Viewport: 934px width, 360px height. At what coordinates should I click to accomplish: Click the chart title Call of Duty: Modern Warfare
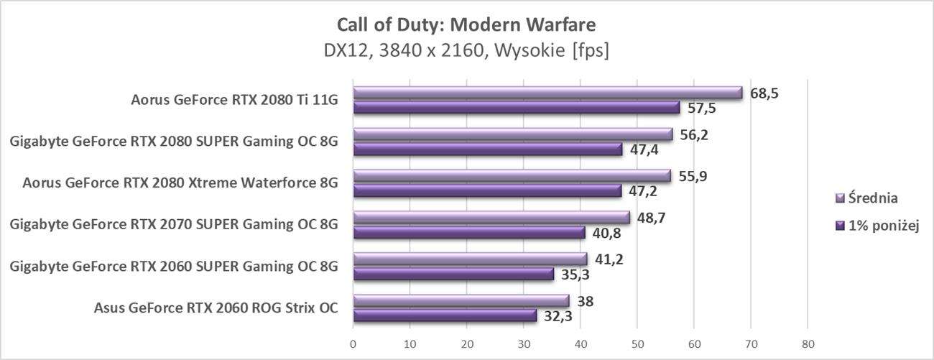click(x=466, y=25)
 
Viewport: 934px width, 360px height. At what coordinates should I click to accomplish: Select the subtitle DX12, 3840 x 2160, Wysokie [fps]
click(x=466, y=52)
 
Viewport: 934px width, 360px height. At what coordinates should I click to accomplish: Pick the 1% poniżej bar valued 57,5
click(x=516, y=108)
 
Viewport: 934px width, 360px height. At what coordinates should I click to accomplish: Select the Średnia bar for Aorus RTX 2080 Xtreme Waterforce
click(x=512, y=176)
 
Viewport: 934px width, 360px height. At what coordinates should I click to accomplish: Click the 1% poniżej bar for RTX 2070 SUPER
click(x=468, y=232)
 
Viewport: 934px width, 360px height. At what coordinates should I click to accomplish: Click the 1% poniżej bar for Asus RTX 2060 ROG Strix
click(x=445, y=315)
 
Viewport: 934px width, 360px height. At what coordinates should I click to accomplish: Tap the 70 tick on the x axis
click(x=751, y=343)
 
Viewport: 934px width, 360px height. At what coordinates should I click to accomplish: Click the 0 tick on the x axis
click(x=353, y=343)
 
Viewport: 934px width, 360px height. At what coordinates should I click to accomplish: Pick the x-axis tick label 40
click(x=580, y=343)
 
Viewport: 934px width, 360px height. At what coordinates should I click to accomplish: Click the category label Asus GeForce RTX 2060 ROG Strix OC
click(x=216, y=309)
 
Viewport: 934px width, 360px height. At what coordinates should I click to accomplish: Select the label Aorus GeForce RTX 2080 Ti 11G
click(x=234, y=101)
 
